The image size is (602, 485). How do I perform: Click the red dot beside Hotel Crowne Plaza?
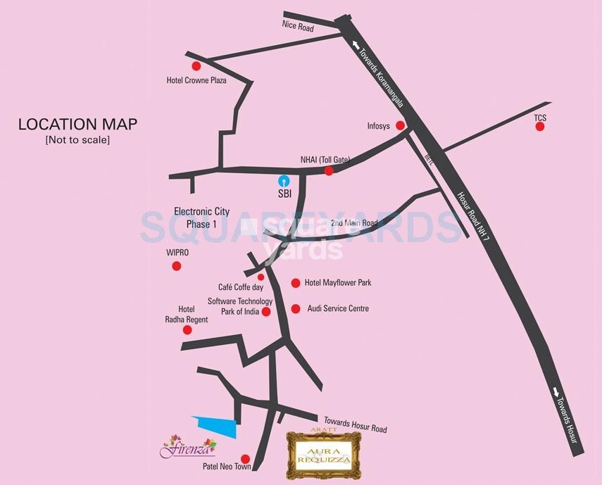(196, 66)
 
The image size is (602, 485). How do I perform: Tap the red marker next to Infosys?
(400, 126)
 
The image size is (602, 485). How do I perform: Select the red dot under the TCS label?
(540, 127)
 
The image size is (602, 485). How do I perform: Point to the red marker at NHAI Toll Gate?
(329, 170)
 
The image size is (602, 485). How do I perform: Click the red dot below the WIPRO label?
(177, 266)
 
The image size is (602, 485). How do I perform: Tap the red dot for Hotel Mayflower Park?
(296, 283)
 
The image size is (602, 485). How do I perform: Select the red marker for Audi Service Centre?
(296, 308)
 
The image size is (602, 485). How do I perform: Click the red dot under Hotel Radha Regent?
(187, 329)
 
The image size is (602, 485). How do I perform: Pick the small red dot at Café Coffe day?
(261, 277)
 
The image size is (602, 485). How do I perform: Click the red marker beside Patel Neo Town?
(245, 458)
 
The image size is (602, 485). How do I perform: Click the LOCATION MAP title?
(77, 125)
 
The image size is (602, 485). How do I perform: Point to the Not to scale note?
(77, 140)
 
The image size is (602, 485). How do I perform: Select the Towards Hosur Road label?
(355, 423)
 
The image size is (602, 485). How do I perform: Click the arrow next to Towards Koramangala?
(353, 44)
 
